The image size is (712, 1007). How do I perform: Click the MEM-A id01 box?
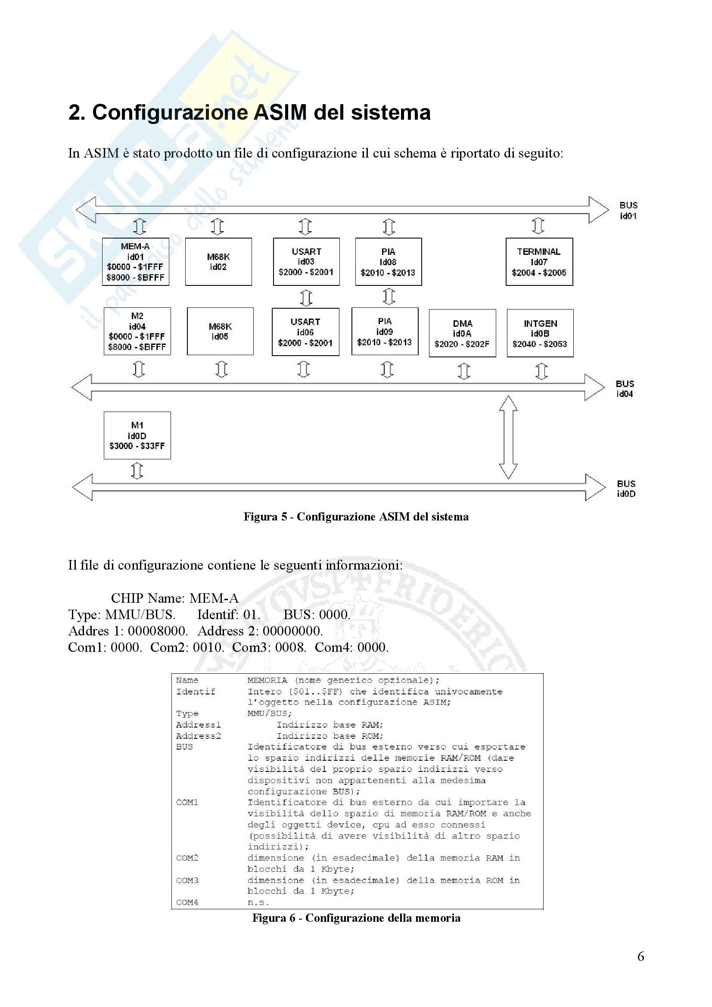pyautogui.click(x=136, y=262)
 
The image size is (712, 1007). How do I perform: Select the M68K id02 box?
pyautogui.click(x=218, y=262)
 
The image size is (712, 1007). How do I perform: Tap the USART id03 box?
pyautogui.click(x=306, y=262)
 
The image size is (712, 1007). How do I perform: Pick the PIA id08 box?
pyautogui.click(x=388, y=262)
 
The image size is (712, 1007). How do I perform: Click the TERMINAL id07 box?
pyautogui.click(x=539, y=262)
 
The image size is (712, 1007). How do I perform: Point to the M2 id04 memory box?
pyautogui.click(x=137, y=331)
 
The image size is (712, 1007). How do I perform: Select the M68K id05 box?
pyautogui.click(x=220, y=331)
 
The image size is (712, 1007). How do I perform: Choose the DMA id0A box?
pyautogui.click(x=462, y=333)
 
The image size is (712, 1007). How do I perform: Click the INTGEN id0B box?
pyautogui.click(x=540, y=333)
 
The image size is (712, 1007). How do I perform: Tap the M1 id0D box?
pyautogui.click(x=137, y=436)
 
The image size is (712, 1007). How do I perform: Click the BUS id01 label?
pyautogui.click(x=628, y=211)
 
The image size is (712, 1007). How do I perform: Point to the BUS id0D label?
pyautogui.click(x=626, y=489)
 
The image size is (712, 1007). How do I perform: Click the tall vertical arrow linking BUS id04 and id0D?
pyautogui.click(x=508, y=437)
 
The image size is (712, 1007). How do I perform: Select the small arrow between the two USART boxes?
pyautogui.click(x=306, y=297)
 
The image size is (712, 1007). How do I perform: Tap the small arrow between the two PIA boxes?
pyautogui.click(x=389, y=297)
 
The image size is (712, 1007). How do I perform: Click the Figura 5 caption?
pyautogui.click(x=356, y=517)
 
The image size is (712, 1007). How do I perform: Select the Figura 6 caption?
pyautogui.click(x=356, y=918)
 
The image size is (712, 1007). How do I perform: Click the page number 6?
pyautogui.click(x=640, y=956)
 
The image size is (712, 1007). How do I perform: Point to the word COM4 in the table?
pyautogui.click(x=187, y=902)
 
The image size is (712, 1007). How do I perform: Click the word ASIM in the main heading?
pyautogui.click(x=280, y=112)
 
